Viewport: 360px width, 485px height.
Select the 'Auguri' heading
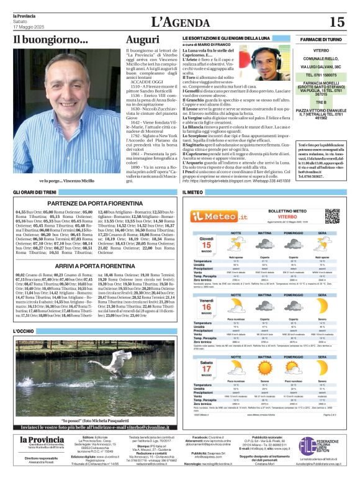click(142, 39)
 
